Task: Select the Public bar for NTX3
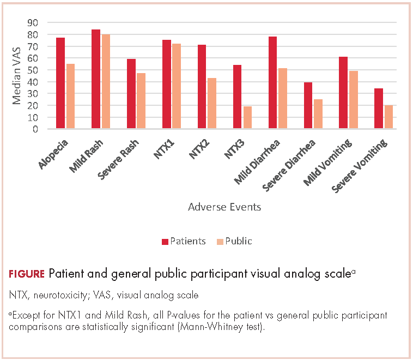(x=247, y=118)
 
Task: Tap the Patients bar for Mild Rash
(x=96, y=79)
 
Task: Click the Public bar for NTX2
(x=212, y=104)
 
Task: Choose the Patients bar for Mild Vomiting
(x=343, y=93)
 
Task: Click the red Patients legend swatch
(x=165, y=241)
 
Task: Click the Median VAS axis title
(x=17, y=75)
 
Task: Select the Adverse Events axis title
(x=224, y=207)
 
